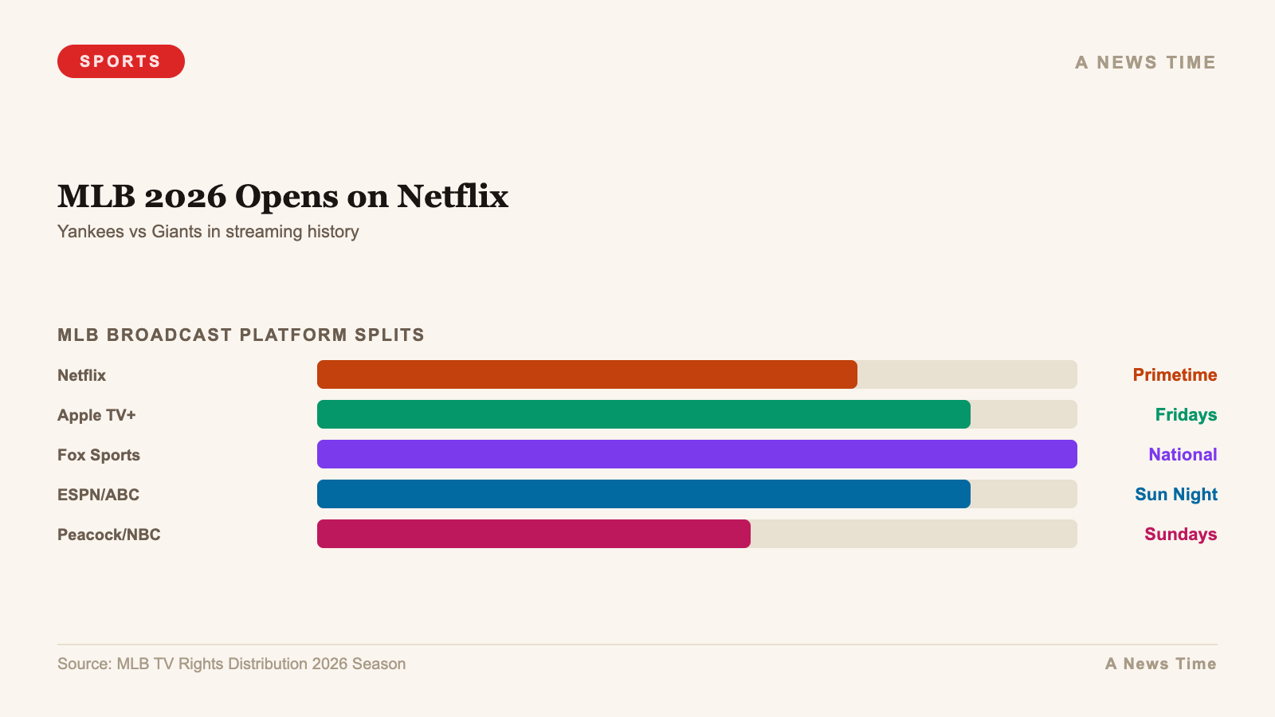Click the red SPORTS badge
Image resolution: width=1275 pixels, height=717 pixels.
click(x=121, y=61)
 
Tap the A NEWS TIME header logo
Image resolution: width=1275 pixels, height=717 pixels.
click(x=1145, y=62)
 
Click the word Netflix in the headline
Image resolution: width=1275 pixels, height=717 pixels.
click(x=453, y=197)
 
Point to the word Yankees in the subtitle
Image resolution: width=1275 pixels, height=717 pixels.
click(x=90, y=232)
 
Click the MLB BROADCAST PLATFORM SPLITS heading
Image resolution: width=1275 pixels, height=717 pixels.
click(x=241, y=335)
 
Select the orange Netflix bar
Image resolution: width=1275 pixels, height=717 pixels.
click(x=587, y=374)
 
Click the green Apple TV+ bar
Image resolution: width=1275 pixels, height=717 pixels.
click(x=644, y=414)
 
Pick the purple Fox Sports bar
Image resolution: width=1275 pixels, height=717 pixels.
click(x=697, y=454)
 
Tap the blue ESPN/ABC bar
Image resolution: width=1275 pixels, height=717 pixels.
click(x=644, y=494)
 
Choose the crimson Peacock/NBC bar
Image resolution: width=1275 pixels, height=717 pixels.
click(x=534, y=534)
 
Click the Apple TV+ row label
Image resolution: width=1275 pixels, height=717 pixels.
click(x=96, y=415)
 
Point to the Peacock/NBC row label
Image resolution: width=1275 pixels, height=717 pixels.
click(x=109, y=535)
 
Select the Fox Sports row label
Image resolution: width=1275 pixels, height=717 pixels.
click(x=99, y=455)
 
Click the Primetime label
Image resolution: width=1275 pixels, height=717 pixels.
click(x=1175, y=374)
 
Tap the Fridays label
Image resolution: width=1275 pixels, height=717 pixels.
click(x=1186, y=414)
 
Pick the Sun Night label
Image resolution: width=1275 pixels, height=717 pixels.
click(x=1175, y=494)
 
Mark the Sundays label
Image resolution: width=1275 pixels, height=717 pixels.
click(x=1180, y=534)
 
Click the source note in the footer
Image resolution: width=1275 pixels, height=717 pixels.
click(x=231, y=664)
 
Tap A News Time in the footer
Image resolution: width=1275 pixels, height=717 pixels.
click(x=1160, y=664)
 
